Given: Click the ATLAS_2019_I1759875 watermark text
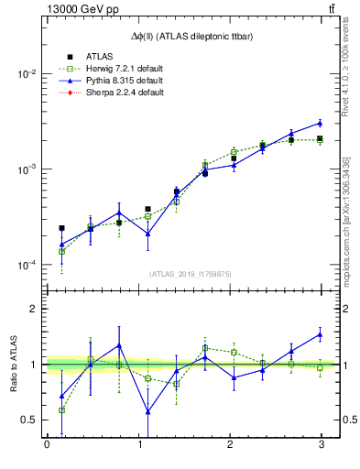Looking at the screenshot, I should [x=191, y=274].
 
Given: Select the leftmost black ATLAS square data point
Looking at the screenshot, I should [x=61, y=228].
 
